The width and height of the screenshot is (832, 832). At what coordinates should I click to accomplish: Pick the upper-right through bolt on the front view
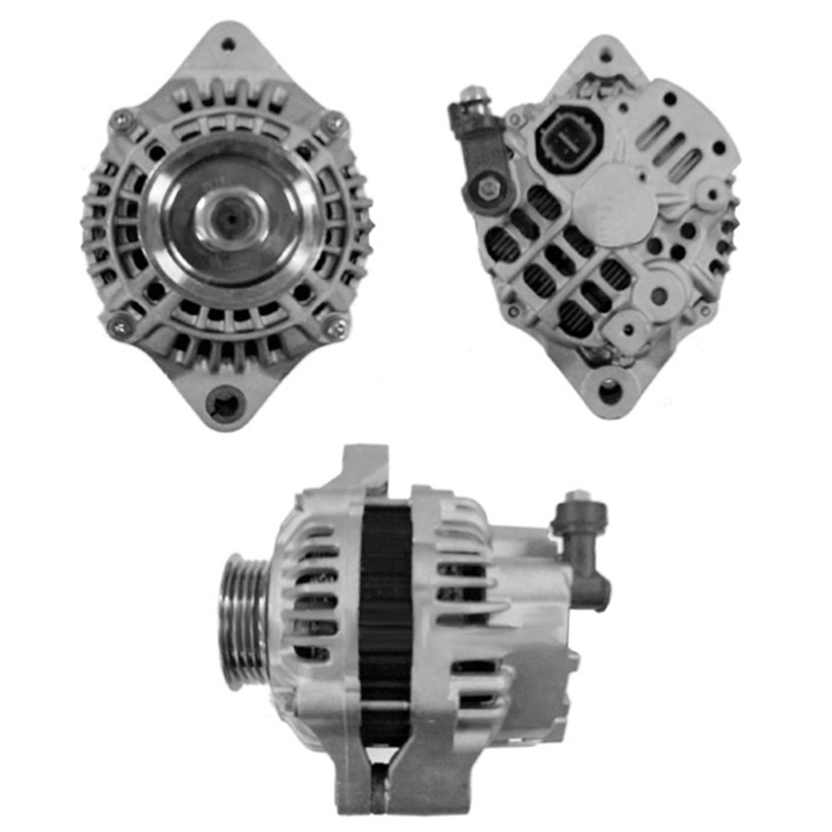336,122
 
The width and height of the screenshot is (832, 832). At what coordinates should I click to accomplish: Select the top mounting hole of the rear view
605,55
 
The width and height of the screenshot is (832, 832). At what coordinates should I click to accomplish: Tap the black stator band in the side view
384,616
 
